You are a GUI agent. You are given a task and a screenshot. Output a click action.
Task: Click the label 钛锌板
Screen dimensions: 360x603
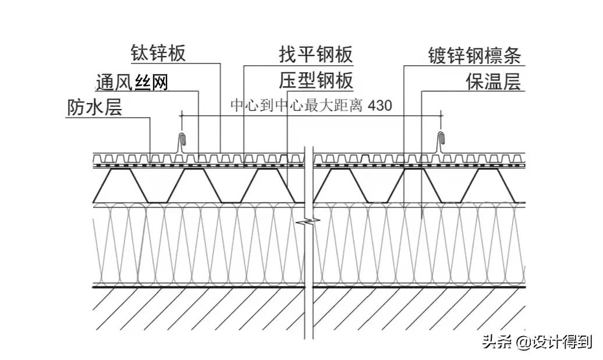click(158, 54)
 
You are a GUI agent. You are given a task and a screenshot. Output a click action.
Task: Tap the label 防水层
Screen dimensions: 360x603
click(94, 108)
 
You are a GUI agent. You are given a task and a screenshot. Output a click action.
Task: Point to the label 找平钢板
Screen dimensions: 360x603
click(316, 54)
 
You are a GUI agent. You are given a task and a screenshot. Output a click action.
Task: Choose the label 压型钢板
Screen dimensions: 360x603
click(316, 81)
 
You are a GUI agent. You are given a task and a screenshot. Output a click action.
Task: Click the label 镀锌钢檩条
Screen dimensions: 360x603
click(474, 56)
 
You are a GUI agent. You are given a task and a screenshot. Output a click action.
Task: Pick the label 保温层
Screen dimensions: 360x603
click(492, 82)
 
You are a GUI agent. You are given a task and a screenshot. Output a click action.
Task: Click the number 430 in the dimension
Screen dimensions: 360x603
click(380, 106)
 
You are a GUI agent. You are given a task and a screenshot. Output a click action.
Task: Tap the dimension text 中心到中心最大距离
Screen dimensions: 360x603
click(297, 106)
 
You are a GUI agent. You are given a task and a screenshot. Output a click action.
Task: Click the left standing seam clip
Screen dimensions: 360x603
click(183, 142)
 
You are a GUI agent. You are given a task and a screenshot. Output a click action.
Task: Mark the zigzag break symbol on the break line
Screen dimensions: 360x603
click(309, 221)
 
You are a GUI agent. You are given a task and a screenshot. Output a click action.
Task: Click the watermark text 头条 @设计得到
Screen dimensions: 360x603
click(536, 342)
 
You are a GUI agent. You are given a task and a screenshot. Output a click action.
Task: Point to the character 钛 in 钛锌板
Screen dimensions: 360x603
click(139, 54)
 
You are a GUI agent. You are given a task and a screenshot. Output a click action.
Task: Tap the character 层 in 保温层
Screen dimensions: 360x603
click(511, 82)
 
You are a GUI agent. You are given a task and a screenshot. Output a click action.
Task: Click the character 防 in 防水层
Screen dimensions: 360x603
click(76, 108)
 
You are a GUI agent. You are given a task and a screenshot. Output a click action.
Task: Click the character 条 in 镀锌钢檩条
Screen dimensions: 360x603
click(512, 56)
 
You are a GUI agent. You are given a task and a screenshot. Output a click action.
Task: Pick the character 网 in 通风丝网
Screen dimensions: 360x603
click(159, 82)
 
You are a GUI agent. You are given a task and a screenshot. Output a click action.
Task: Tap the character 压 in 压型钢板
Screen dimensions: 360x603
click(289, 81)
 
